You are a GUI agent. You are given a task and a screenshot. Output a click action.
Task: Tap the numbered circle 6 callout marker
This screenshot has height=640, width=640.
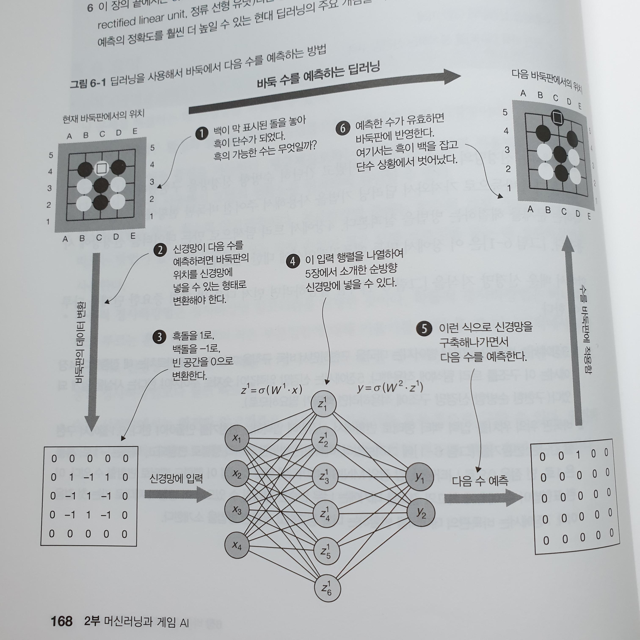[x=342, y=128]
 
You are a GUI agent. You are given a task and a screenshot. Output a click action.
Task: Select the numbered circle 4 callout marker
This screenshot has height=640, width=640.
[x=292, y=261]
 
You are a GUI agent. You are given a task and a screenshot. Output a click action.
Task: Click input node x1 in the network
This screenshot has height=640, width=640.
[x=237, y=438]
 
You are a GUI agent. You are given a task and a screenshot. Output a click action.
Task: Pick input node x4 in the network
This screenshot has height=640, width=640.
[x=237, y=545]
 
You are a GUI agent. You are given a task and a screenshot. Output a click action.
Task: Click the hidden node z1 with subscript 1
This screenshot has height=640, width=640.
[x=323, y=404]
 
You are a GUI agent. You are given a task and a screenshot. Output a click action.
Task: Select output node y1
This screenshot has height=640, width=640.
[x=419, y=477]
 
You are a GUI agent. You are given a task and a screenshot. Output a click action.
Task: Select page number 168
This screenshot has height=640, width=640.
[x=62, y=621]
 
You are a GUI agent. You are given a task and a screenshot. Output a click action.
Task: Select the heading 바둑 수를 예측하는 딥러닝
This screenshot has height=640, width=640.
[x=318, y=76]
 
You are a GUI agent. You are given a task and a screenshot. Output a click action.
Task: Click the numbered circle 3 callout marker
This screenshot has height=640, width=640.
[x=159, y=337]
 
